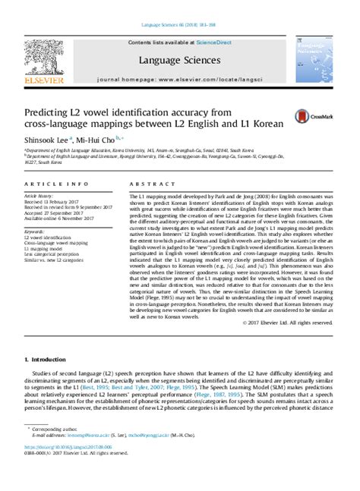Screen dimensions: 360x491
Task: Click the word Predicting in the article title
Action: click(49, 109)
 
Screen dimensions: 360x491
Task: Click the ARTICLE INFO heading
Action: click(48, 184)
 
